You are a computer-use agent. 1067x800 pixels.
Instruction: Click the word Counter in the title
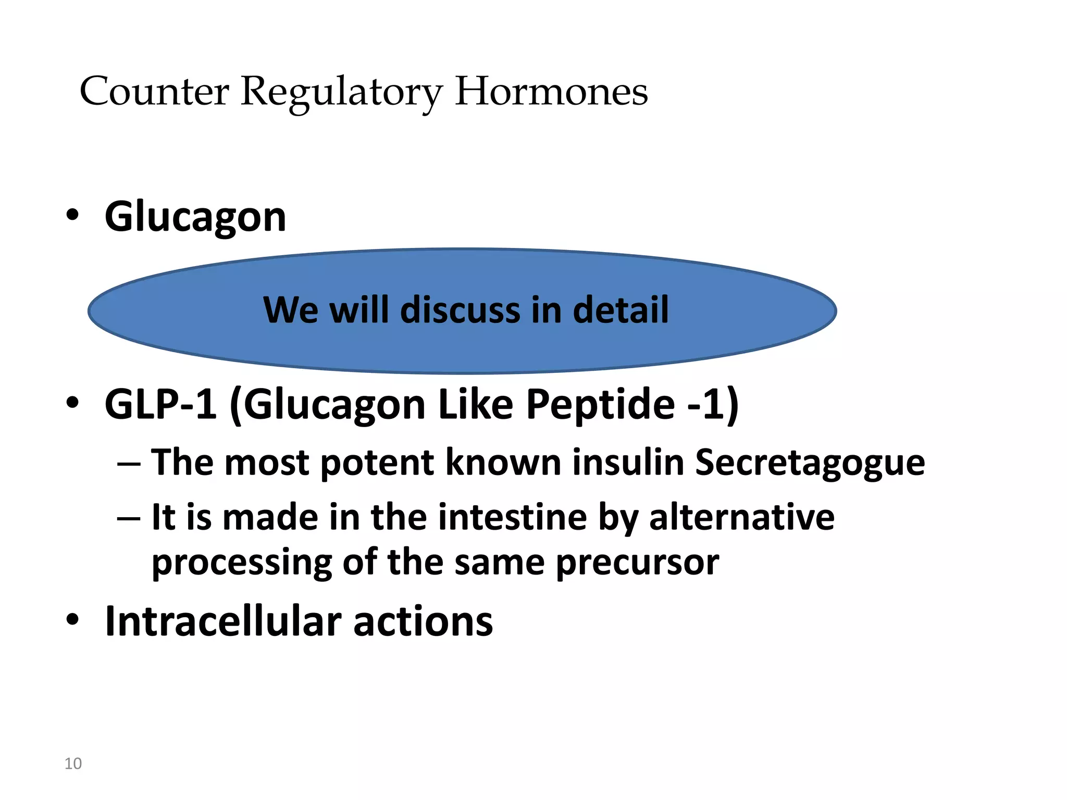(154, 92)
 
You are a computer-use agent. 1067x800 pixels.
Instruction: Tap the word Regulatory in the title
(341, 93)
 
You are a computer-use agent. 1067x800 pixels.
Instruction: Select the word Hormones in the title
(551, 92)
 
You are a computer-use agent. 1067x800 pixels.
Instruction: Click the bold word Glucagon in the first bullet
(195, 217)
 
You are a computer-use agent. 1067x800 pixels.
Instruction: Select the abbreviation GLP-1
(160, 404)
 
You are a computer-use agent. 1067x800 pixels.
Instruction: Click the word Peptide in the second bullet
(600, 404)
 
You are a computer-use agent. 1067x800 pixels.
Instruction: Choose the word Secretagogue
(810, 463)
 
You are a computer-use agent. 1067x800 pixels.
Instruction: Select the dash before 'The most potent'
(129, 464)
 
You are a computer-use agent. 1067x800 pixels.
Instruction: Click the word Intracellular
(224, 621)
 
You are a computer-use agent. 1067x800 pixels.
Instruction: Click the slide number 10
(73, 764)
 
